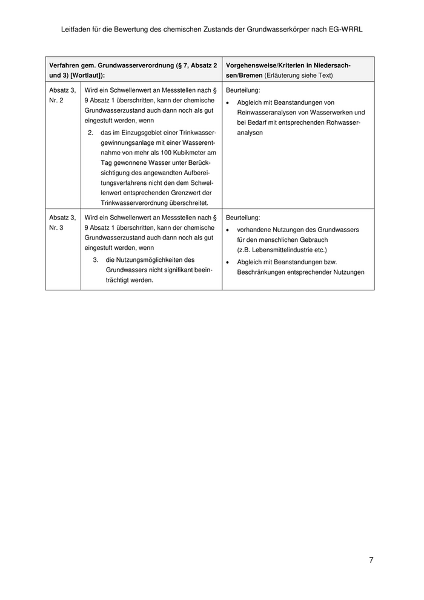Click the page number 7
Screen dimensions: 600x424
coord(371,560)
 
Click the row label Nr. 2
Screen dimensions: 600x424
coord(56,100)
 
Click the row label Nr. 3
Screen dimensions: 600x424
coord(56,227)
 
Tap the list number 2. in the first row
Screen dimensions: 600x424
coord(91,132)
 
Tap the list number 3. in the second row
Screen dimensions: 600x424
coord(96,259)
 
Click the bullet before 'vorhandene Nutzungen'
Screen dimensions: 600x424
coord(227,230)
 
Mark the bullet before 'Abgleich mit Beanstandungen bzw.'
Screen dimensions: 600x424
coord(227,262)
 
